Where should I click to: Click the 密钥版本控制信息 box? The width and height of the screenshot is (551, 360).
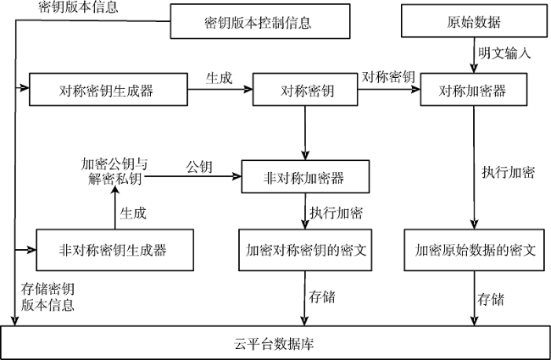coord(260,21)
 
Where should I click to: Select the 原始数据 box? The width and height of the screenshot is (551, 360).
coord(474,20)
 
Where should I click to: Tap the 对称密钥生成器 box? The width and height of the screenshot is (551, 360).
coord(109,89)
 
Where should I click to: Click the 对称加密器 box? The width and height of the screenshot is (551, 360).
coord(474,89)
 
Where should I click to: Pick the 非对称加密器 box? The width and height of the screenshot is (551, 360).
coord(305,176)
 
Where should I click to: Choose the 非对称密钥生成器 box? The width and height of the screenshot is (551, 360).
coord(114,250)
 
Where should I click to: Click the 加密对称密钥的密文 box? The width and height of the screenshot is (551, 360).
coord(305,250)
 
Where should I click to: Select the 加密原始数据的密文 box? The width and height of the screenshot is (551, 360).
coord(474,250)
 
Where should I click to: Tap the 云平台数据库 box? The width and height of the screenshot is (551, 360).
coord(275,342)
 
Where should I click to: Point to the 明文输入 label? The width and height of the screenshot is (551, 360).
coord(504,53)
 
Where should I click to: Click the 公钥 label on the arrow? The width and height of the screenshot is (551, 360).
coord(199,167)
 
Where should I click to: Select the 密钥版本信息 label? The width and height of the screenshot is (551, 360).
coord(78,7)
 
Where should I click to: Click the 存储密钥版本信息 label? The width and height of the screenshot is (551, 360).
coord(47,296)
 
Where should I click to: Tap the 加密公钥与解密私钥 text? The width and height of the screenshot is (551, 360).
coord(114,171)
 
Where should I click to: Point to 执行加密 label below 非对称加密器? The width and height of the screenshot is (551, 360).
coord(337,213)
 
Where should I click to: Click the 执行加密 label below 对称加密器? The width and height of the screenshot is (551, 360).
coord(508,172)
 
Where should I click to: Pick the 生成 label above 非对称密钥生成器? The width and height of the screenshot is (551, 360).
coord(133,213)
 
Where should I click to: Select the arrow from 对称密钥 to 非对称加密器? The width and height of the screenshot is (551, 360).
coord(305,133)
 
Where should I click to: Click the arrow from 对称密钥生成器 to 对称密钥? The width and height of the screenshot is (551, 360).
coord(220,89)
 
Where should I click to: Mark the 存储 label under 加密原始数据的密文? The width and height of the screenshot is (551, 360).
coord(491,299)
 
